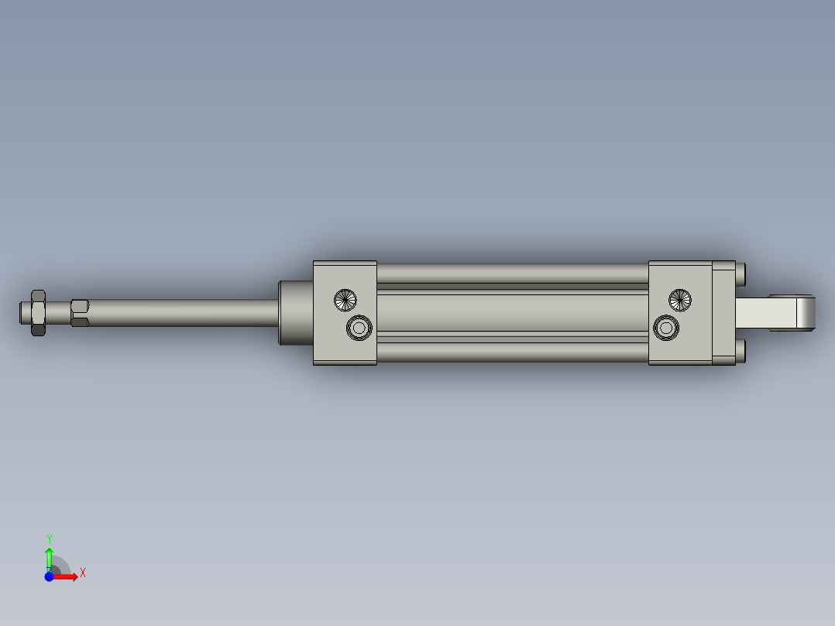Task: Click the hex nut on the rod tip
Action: coord(37,312)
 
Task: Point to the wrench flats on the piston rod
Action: coord(79,312)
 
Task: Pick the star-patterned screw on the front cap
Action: coord(345,299)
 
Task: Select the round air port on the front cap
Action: coord(359,328)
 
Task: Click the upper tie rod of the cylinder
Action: coord(511,273)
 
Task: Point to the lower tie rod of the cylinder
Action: coord(511,352)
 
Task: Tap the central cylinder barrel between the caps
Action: coord(511,312)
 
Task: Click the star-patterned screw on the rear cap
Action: coord(680,299)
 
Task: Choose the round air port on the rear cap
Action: coord(665,328)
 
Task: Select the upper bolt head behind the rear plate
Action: coord(741,273)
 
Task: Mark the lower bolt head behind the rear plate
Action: coord(741,351)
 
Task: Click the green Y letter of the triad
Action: coord(49,538)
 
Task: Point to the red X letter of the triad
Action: coord(82,573)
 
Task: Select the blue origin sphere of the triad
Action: coord(49,576)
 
